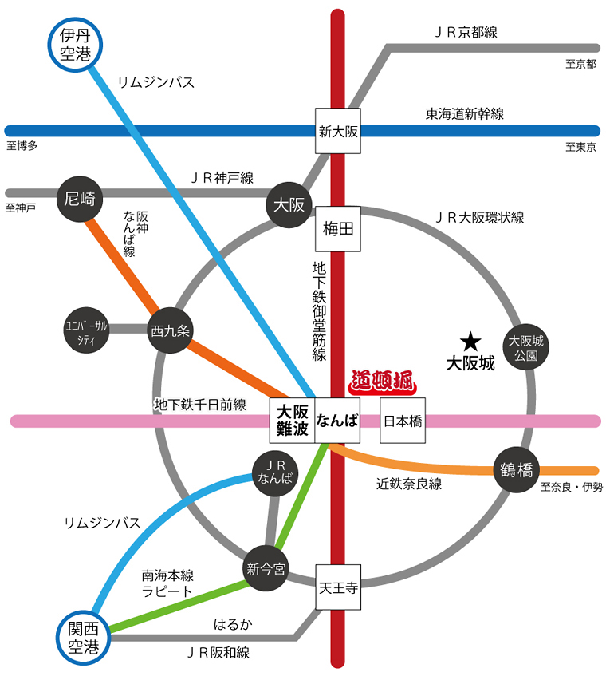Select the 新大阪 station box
tap(338, 132)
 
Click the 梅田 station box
tap(338, 230)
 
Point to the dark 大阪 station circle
tap(289, 204)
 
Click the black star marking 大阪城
tap(470, 342)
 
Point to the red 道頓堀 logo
tap(384, 382)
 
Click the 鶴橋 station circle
tap(516, 469)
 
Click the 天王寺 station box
tap(338, 587)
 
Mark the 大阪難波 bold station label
tap(292, 421)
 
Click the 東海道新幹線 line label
tap(464, 114)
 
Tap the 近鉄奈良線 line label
tap(409, 484)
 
